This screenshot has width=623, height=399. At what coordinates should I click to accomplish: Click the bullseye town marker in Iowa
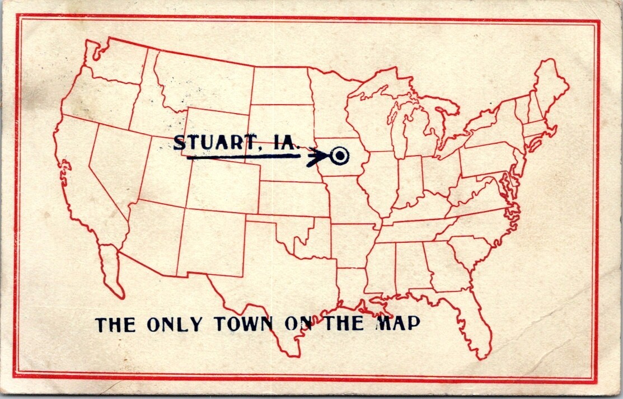pos(339,156)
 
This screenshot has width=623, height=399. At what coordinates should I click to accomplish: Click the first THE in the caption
pos(115,325)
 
